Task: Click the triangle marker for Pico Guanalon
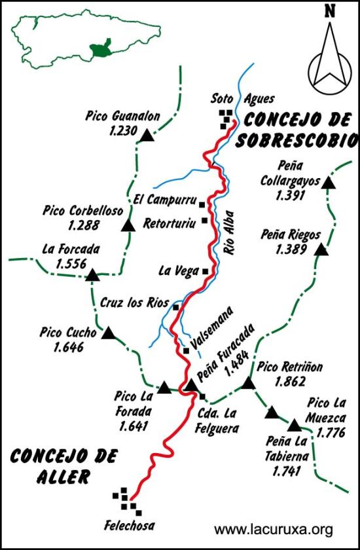coord(147,136)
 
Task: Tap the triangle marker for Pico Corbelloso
coord(128,226)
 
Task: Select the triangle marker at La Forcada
coord(92,276)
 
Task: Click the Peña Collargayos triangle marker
coord(329,183)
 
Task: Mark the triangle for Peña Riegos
coord(321,249)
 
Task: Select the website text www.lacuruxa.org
coord(274,529)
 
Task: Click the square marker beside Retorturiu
coord(205,221)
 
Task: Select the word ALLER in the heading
coord(58,477)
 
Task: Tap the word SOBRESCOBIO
coord(298,140)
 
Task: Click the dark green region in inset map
coord(101,50)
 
